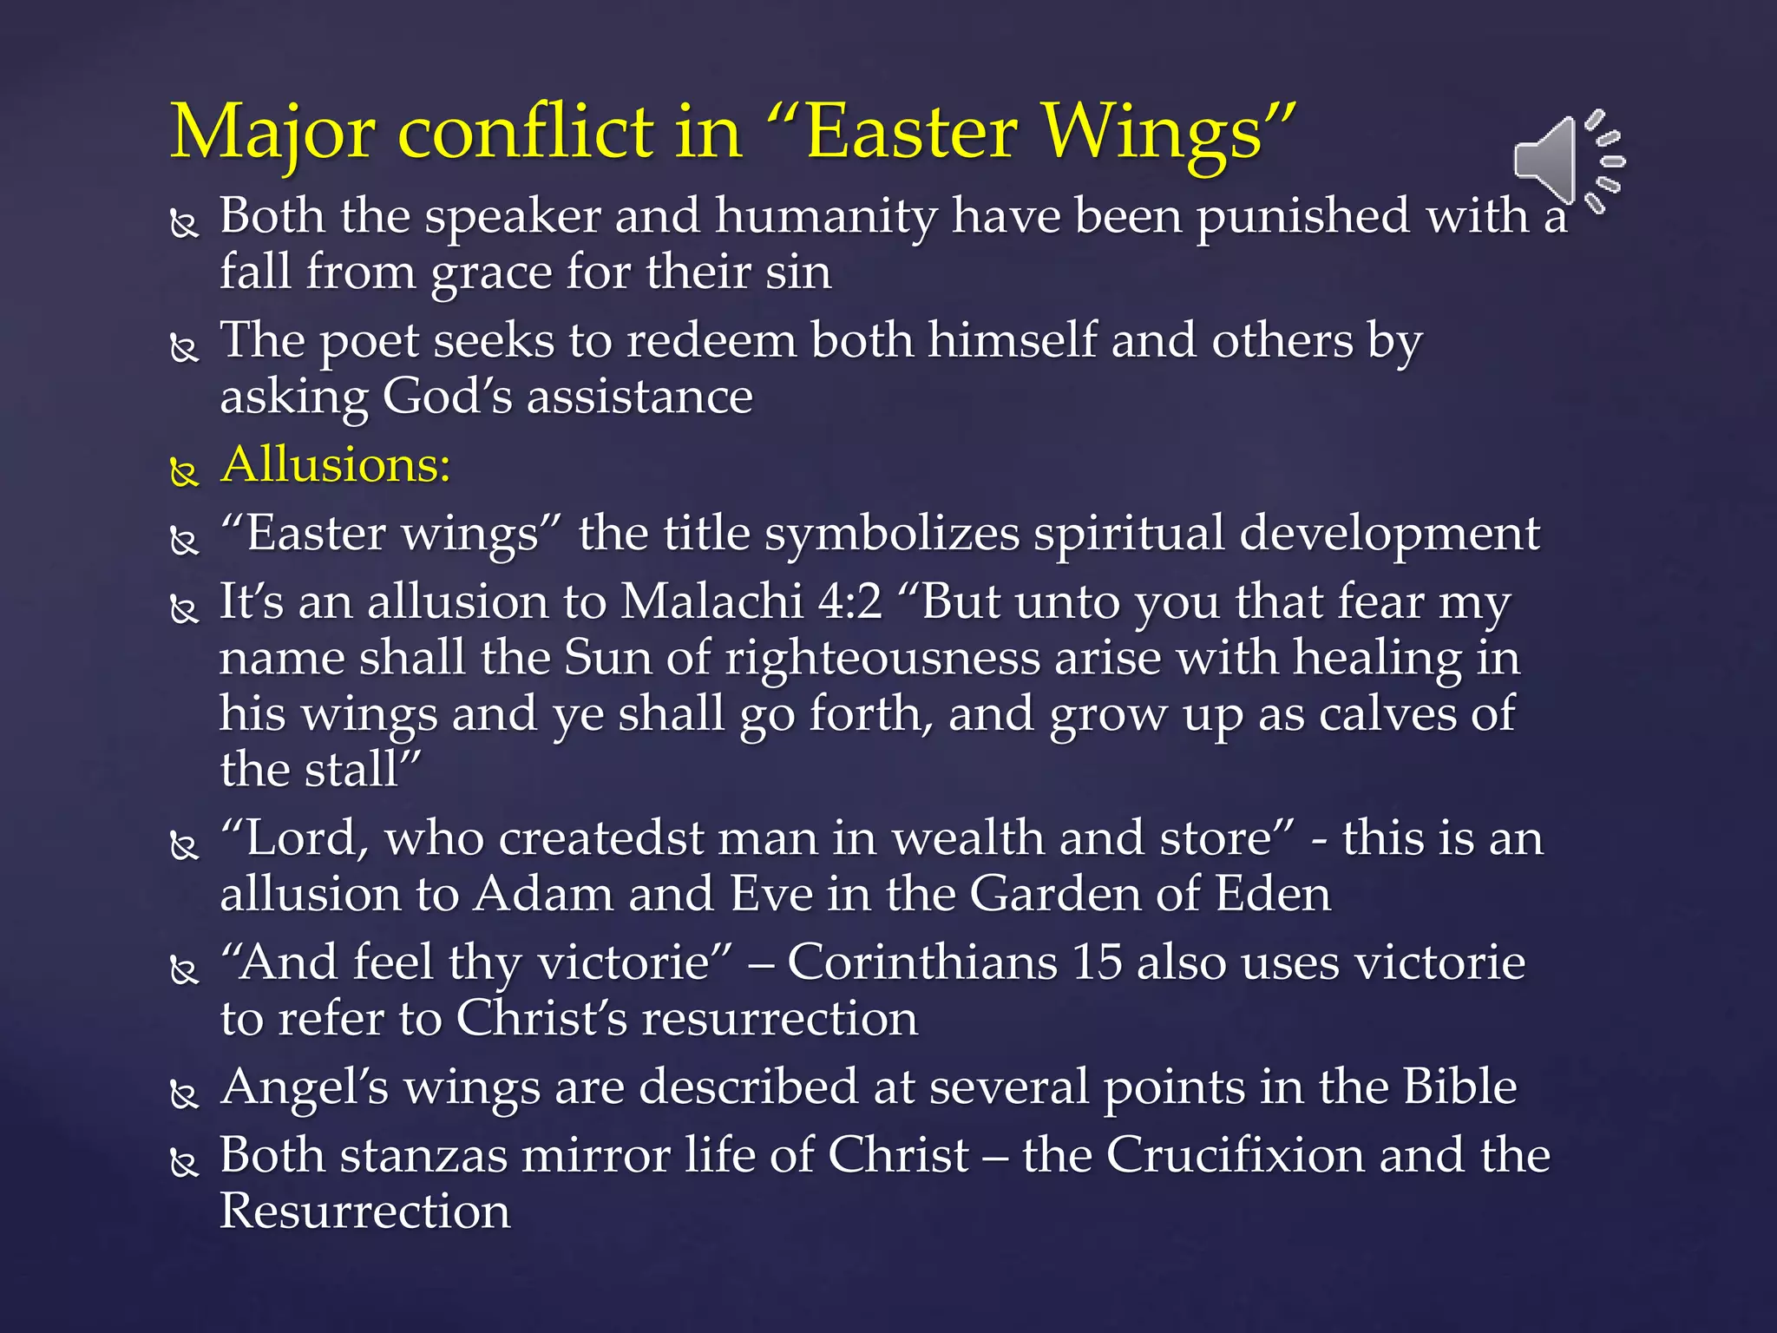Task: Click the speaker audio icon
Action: pos(1567,161)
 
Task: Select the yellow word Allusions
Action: pos(335,464)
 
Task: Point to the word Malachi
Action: pos(711,601)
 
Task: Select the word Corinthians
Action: pos(921,962)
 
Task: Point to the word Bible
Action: pos(1459,1087)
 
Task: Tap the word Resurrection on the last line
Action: pos(365,1212)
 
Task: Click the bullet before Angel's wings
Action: pos(184,1095)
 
